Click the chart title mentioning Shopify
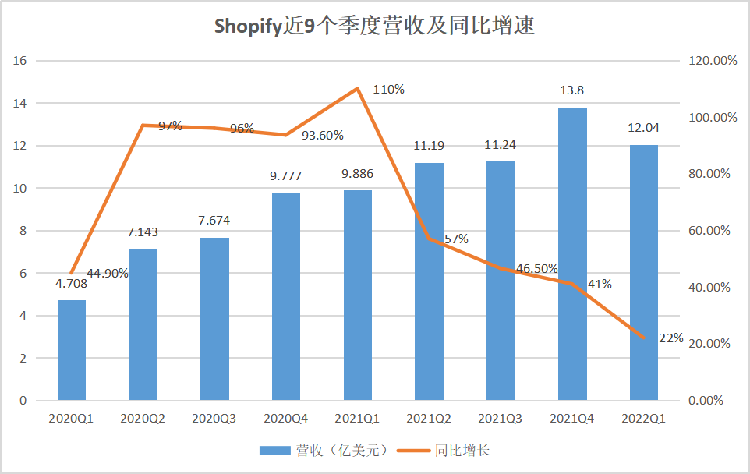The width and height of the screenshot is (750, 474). click(x=374, y=27)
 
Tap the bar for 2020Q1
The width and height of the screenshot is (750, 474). click(x=72, y=350)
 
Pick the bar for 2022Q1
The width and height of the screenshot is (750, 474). click(x=644, y=273)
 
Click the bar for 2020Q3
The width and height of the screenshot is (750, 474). click(x=214, y=319)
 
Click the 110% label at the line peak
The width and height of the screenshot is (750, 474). click(x=388, y=89)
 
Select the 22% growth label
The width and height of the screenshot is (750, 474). click(x=670, y=338)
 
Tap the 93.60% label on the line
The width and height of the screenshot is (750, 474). click(x=322, y=135)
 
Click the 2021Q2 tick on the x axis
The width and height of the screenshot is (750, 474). click(x=429, y=419)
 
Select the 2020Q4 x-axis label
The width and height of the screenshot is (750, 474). click(x=286, y=419)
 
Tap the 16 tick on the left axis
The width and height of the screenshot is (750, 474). click(x=20, y=61)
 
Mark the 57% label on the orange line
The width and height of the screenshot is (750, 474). click(x=455, y=239)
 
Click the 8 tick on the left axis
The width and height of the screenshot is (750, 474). click(x=23, y=231)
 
